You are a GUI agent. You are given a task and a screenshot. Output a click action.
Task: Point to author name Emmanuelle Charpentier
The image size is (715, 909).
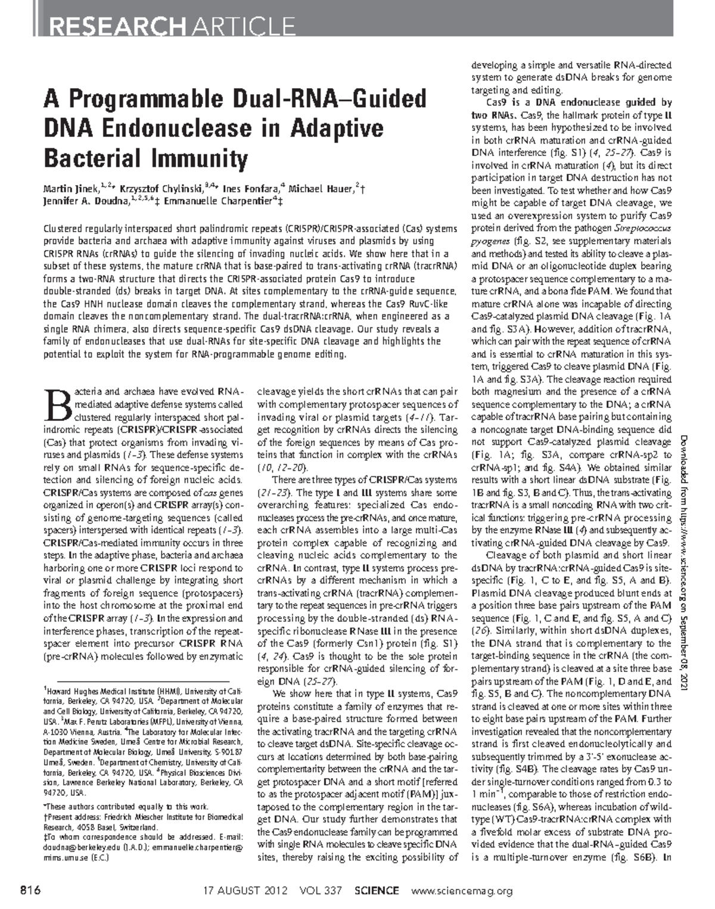click(222, 202)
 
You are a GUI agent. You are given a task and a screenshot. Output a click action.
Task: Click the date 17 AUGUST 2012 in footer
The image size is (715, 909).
click(246, 891)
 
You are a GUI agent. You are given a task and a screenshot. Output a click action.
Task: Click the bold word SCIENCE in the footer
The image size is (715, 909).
click(376, 891)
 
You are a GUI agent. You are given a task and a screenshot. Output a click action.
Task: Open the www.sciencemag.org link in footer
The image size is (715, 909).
click(462, 891)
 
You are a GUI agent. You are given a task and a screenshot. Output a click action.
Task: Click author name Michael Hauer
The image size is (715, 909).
click(322, 189)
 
